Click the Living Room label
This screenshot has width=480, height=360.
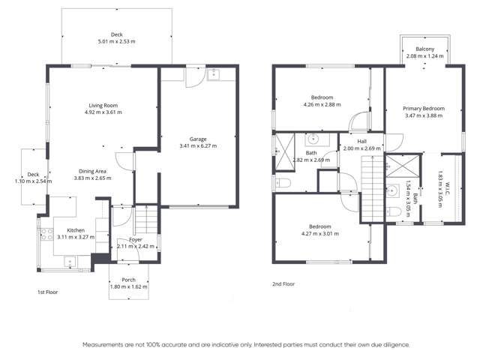[105, 105]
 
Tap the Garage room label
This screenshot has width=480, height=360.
[197, 139]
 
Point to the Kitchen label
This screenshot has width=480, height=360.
[76, 230]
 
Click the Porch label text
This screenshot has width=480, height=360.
[129, 280]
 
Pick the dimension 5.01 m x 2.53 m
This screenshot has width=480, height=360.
[116, 40]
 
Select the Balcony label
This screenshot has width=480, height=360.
[424, 49]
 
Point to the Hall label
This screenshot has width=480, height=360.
[361, 141]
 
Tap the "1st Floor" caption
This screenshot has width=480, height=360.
[48, 291]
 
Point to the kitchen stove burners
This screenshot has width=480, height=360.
[43, 233]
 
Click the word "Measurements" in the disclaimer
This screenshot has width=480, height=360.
[102, 344]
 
